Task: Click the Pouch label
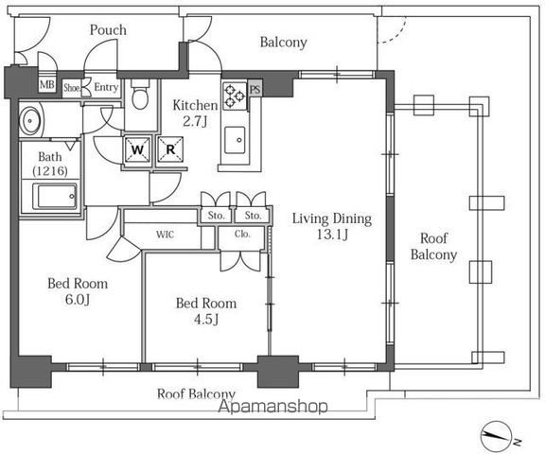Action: click(108, 30)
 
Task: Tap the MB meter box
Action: click(47, 84)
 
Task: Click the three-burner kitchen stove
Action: click(235, 96)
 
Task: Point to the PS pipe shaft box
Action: click(255, 90)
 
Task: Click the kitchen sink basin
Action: click(235, 140)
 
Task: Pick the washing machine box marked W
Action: click(137, 149)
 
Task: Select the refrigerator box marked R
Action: click(170, 149)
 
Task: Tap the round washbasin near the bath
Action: click(30, 121)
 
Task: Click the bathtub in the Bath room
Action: click(55, 197)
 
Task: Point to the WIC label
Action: click(165, 235)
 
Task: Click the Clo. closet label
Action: click(242, 234)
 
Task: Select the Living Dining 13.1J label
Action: click(332, 226)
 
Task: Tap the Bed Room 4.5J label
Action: click(206, 311)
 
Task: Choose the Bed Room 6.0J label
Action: click(78, 291)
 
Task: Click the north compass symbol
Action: click(498, 436)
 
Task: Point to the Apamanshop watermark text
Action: click(272, 407)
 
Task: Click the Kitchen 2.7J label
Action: click(195, 113)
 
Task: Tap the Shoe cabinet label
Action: click(71, 88)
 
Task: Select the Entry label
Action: click(106, 87)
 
